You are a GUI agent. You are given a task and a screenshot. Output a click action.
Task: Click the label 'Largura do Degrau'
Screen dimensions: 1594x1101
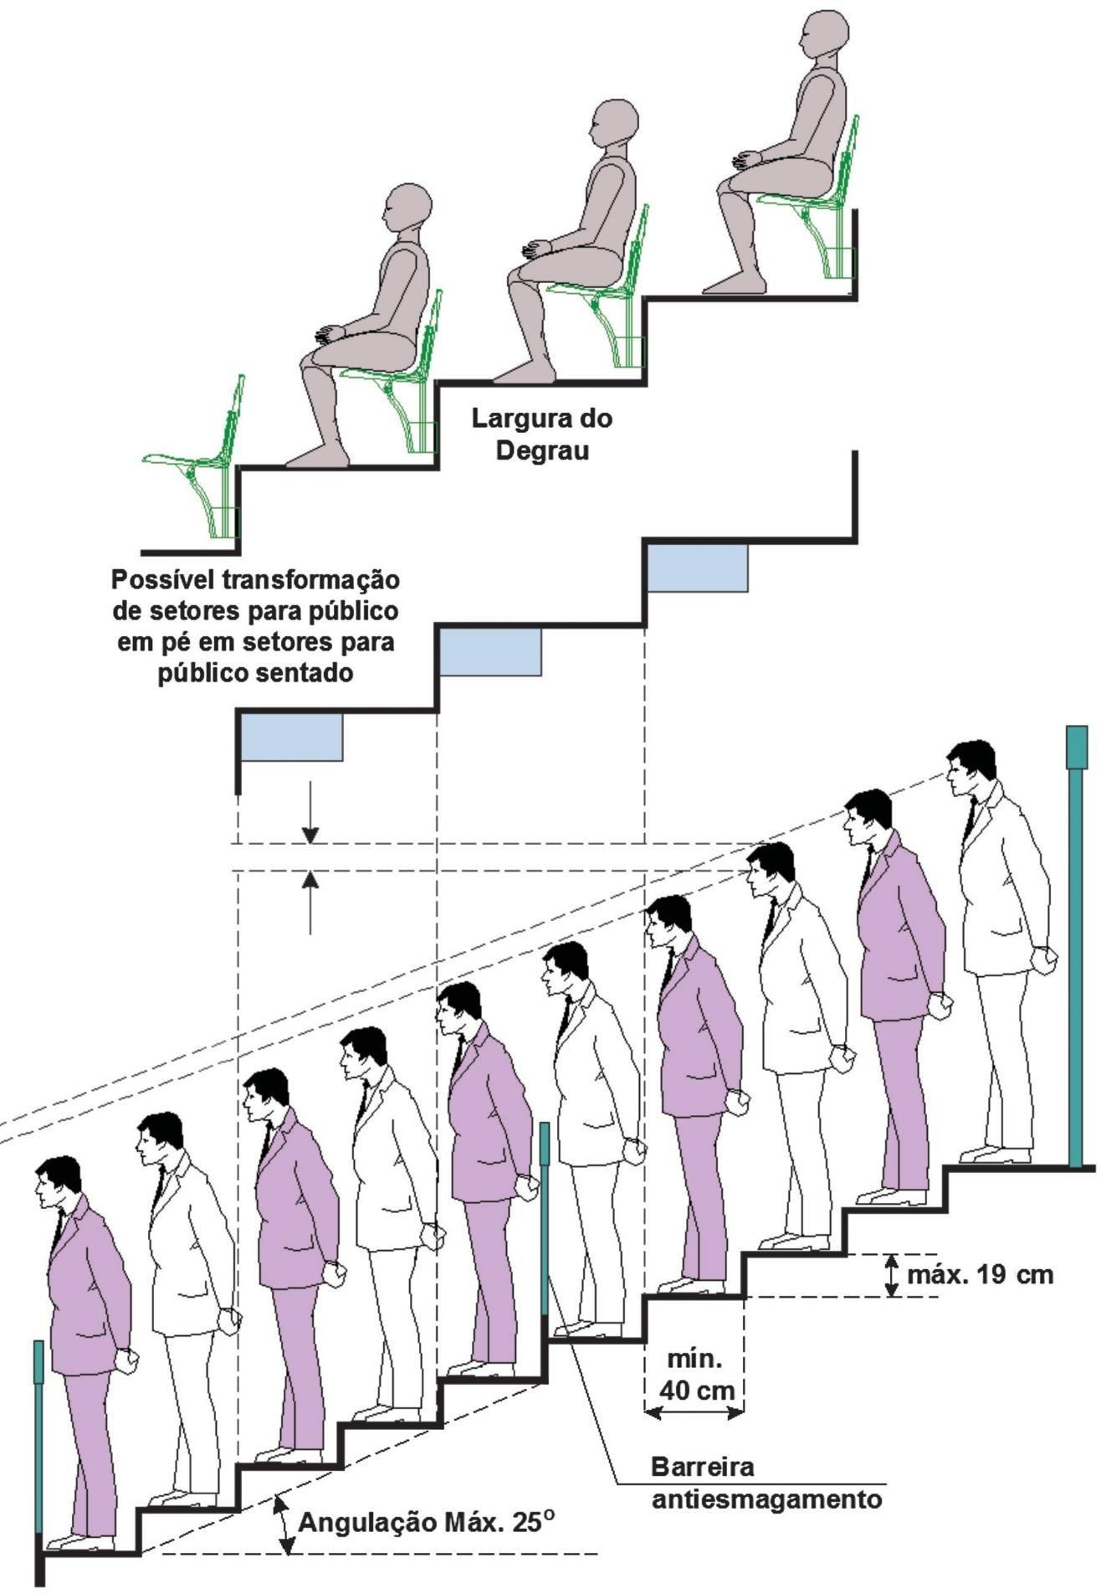[541, 433]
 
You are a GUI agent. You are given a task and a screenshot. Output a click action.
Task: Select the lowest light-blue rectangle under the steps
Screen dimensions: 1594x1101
[291, 737]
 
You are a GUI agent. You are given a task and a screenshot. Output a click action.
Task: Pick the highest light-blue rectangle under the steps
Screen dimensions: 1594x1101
[697, 568]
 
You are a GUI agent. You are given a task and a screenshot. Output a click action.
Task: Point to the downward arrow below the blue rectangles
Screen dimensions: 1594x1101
[310, 811]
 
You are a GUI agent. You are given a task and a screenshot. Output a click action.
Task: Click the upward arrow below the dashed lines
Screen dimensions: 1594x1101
[310, 901]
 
